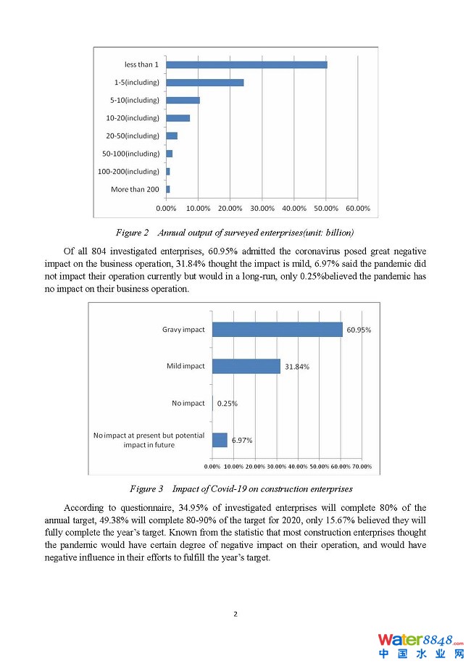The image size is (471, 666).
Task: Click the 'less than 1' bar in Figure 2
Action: [246, 64]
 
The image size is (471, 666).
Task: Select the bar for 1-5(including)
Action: [205, 83]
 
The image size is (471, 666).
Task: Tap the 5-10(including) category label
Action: [135, 100]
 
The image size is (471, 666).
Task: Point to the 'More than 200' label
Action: [135, 189]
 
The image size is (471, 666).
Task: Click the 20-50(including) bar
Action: [172, 136]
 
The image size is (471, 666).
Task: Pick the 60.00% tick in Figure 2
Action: [358, 208]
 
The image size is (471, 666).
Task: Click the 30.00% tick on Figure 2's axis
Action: [262, 208]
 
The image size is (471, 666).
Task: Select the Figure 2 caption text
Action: [235, 233]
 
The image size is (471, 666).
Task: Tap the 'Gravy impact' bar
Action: [277, 329]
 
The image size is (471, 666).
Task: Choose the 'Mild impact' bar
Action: [246, 366]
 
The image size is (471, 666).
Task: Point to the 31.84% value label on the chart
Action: [297, 367]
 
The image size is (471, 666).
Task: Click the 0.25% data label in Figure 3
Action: [228, 403]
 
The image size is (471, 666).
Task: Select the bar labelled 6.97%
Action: [220, 440]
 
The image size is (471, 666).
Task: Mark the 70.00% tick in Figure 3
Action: [362, 466]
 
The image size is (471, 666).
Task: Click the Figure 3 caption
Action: [241, 489]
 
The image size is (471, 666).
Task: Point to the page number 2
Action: [236, 614]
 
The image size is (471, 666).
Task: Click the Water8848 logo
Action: [420, 645]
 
